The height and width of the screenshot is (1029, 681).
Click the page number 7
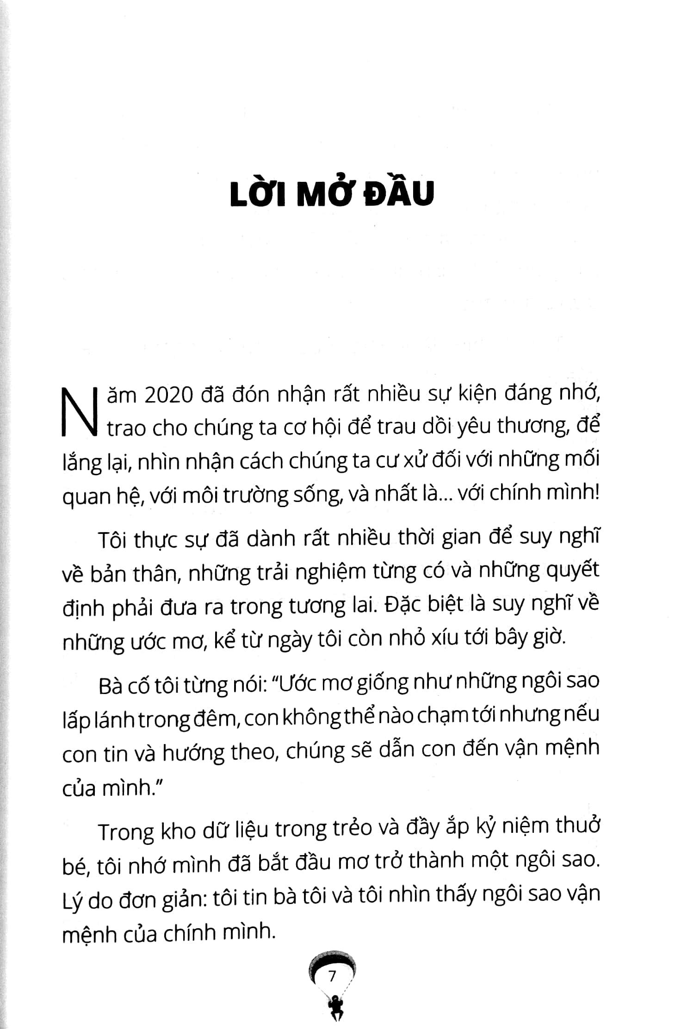[x=332, y=977]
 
